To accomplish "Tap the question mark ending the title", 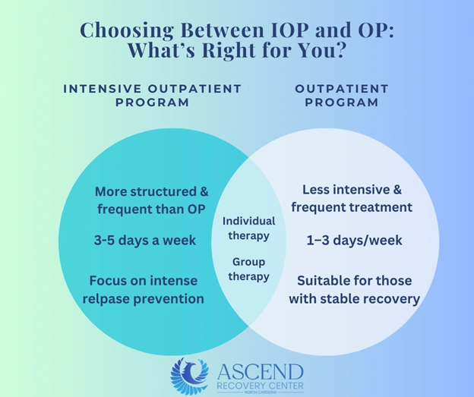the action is (340, 50).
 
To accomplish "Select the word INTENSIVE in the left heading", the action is (103, 89).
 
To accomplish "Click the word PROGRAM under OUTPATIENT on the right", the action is (342, 102).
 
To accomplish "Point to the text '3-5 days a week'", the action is (145, 240).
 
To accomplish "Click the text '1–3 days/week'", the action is (354, 240).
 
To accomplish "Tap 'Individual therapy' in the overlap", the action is (249, 228).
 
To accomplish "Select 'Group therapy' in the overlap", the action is (249, 269).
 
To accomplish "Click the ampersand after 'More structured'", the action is (204, 191).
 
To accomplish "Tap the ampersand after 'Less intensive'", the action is (397, 190).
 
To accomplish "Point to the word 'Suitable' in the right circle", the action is (324, 280).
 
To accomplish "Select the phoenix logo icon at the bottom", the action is (190, 375).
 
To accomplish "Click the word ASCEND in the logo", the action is (260, 372).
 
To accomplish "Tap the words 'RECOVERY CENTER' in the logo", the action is (260, 386).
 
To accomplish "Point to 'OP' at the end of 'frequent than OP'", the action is (197, 209).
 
